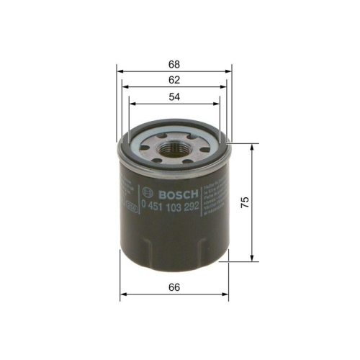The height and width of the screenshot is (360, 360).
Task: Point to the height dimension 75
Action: pyautogui.click(x=244, y=202)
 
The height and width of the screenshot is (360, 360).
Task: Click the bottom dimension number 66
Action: pyautogui.click(x=174, y=287)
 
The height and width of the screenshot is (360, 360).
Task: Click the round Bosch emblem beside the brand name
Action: pyautogui.click(x=149, y=193)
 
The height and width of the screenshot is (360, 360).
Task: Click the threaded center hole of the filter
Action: pyautogui.click(x=174, y=148)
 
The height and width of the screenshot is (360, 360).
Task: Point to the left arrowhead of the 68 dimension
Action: pyautogui.click(x=120, y=71)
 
